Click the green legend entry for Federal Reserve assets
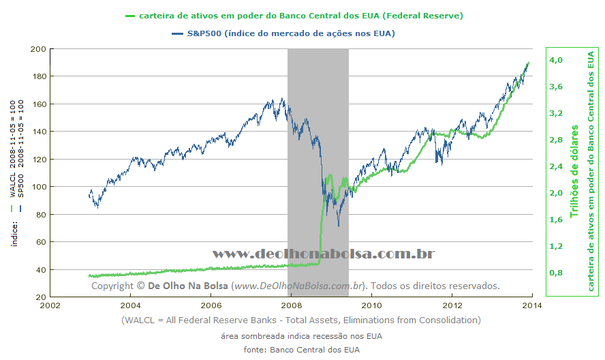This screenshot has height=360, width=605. click(x=300, y=15)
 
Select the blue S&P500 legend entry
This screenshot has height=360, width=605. click(x=290, y=33)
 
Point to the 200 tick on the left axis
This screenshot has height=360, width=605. click(x=38, y=49)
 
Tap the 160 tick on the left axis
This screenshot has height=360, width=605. click(x=38, y=104)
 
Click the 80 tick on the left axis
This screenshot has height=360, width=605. click(x=40, y=215)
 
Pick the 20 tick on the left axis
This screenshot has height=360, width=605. click(x=40, y=297)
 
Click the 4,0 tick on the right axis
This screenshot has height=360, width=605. click(x=555, y=60)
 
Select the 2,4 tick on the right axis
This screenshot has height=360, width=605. click(x=555, y=166)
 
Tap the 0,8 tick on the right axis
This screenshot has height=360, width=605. click(x=555, y=273)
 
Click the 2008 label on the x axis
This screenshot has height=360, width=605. click(x=292, y=305)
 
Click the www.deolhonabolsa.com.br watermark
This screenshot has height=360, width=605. click(x=324, y=254)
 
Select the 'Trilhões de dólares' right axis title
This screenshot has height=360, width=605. click(x=574, y=170)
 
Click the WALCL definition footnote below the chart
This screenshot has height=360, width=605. click(x=301, y=320)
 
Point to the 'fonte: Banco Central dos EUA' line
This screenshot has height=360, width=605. click(x=301, y=350)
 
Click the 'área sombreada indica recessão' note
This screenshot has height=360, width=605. click(x=301, y=336)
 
